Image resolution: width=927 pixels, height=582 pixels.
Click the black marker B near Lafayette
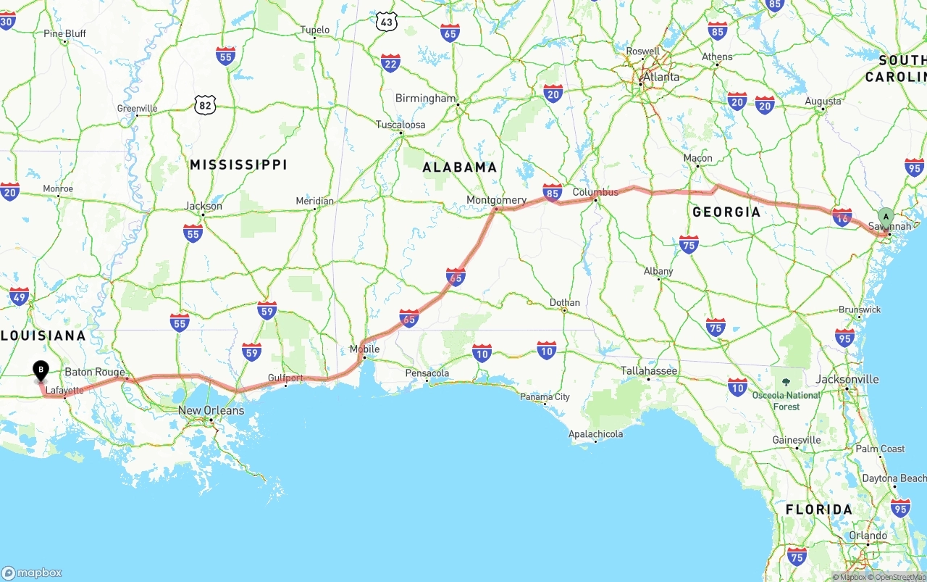point(41,370)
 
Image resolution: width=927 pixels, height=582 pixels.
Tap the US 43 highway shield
point(387,22)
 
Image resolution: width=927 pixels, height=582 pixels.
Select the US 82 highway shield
point(205,105)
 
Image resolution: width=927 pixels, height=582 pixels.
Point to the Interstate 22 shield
point(390,63)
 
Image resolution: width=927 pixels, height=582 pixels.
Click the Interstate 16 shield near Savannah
point(842,217)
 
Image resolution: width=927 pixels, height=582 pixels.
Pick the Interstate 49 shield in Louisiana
point(20,296)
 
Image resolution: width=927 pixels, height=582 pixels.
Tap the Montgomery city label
point(496,200)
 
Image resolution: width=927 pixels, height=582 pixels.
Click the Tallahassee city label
point(649,371)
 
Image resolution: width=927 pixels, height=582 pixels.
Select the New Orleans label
point(211,411)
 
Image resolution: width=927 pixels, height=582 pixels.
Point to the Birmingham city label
point(425,99)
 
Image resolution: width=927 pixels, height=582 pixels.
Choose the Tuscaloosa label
point(400,125)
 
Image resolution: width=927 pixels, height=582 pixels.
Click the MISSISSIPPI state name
point(238,165)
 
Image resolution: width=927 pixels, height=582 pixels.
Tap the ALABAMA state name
point(460,167)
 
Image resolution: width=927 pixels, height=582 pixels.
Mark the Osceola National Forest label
point(786,401)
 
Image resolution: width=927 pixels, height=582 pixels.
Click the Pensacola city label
point(427,373)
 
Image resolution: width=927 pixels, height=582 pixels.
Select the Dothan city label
point(564,302)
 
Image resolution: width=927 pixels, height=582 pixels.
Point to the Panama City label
point(545,396)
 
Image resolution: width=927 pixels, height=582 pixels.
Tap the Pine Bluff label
point(64,33)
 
